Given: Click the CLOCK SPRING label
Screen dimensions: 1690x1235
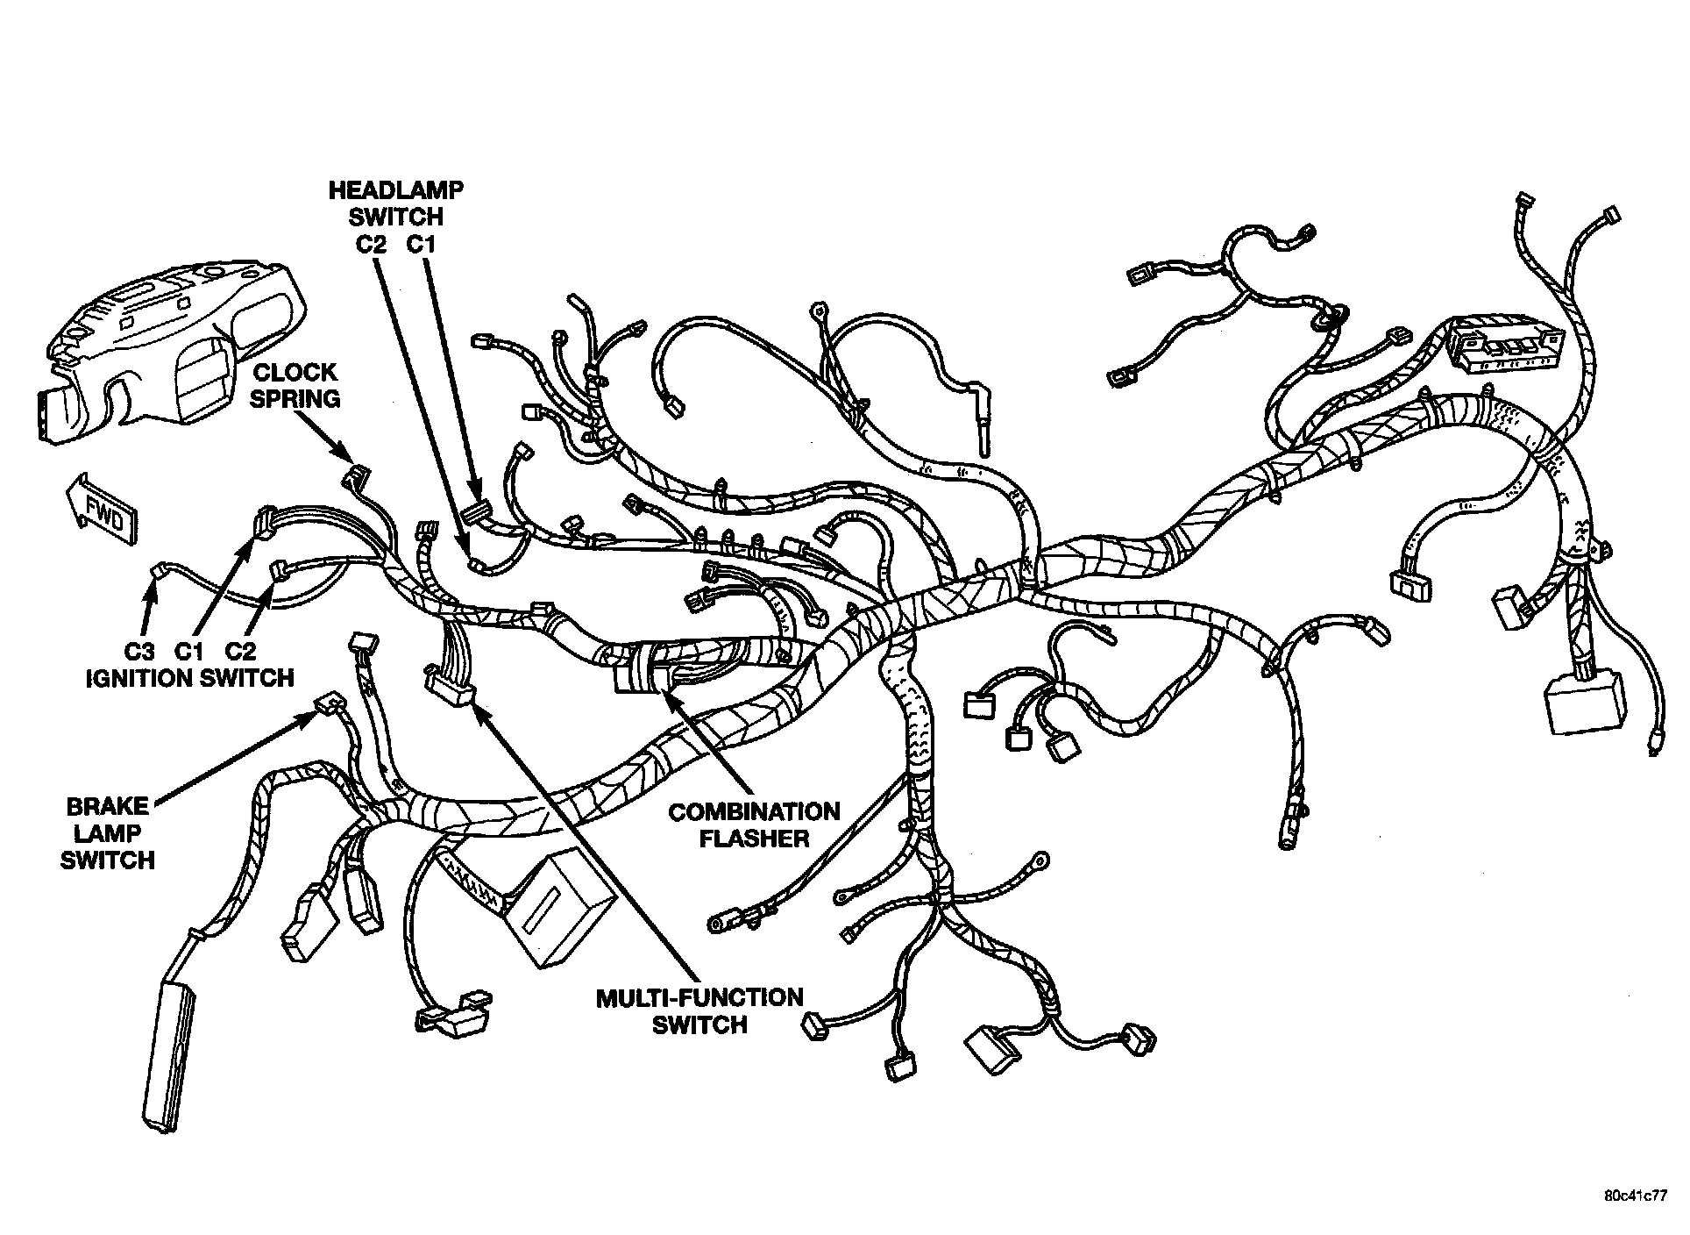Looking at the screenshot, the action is click(295, 386).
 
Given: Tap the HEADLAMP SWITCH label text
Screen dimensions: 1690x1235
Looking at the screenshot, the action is click(395, 202).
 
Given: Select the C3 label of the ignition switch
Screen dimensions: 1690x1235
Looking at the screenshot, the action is click(138, 651).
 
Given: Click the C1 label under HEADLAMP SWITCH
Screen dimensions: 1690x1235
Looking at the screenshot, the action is click(421, 245).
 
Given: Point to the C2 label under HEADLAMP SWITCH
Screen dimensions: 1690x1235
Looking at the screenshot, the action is click(371, 245).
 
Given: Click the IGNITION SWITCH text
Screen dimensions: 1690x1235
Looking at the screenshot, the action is click(189, 678).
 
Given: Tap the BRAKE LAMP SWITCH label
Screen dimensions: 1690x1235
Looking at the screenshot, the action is click(107, 832).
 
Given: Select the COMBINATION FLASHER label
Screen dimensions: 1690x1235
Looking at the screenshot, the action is click(754, 825).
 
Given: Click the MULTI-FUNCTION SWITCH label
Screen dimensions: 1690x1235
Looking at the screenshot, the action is click(699, 1010).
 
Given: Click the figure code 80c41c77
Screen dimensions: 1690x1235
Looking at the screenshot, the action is click(1636, 1196).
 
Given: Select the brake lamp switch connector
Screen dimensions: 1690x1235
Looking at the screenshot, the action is click(328, 704).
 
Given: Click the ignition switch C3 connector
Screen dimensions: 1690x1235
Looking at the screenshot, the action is click(159, 571).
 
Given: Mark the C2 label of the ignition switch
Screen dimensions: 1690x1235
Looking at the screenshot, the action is click(240, 651).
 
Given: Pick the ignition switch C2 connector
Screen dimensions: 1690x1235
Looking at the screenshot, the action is click(280, 570).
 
